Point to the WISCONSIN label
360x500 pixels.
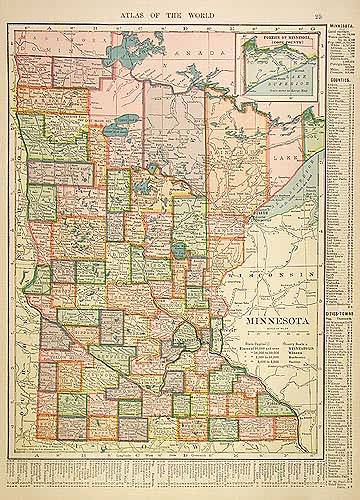point(276,274)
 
